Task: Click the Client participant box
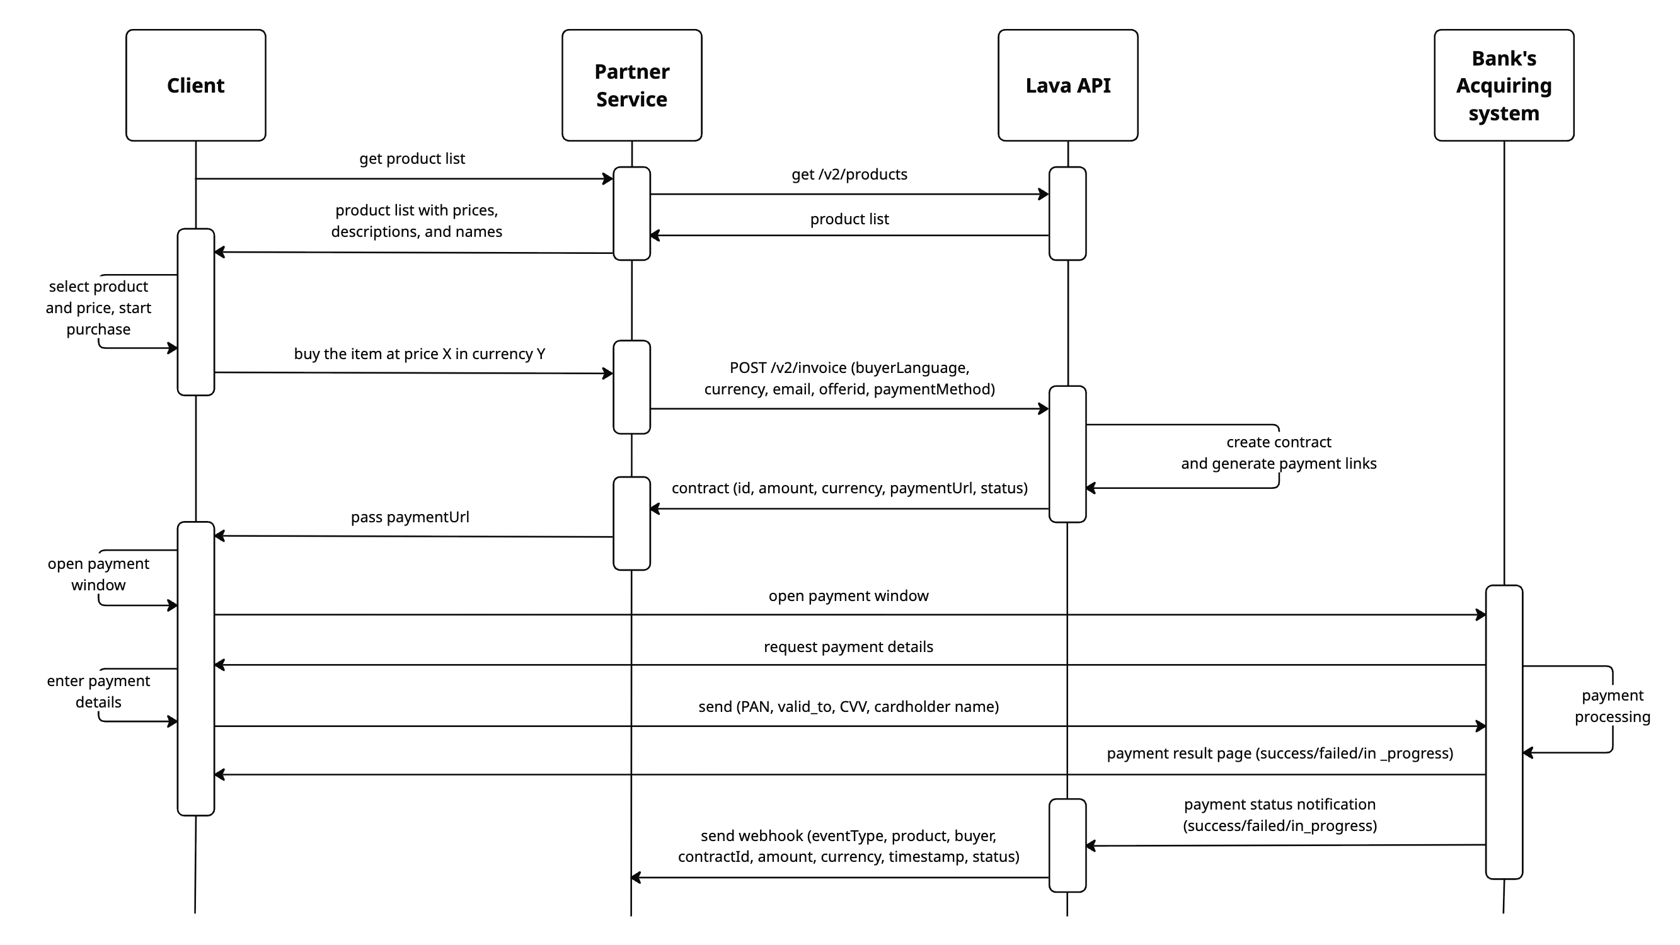tap(195, 85)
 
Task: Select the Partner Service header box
tap(631, 85)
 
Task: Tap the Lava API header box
tap(1067, 85)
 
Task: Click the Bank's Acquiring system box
tap(1504, 85)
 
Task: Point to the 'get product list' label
tap(411, 159)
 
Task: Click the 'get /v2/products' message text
tap(849, 174)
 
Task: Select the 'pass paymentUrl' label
tap(410, 517)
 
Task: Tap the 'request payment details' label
tap(848, 647)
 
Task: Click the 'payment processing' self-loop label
tap(1611, 706)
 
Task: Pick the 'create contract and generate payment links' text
tap(1278, 453)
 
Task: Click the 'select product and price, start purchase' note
tap(98, 308)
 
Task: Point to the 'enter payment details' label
tap(98, 691)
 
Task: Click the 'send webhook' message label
tap(848, 847)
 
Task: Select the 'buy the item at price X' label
tap(419, 354)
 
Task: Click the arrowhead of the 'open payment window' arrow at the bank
tap(1481, 614)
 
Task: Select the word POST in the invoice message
tap(747, 368)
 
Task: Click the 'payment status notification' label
tap(1280, 815)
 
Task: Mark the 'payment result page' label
tap(1280, 754)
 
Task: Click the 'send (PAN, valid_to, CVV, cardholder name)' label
tap(848, 707)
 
